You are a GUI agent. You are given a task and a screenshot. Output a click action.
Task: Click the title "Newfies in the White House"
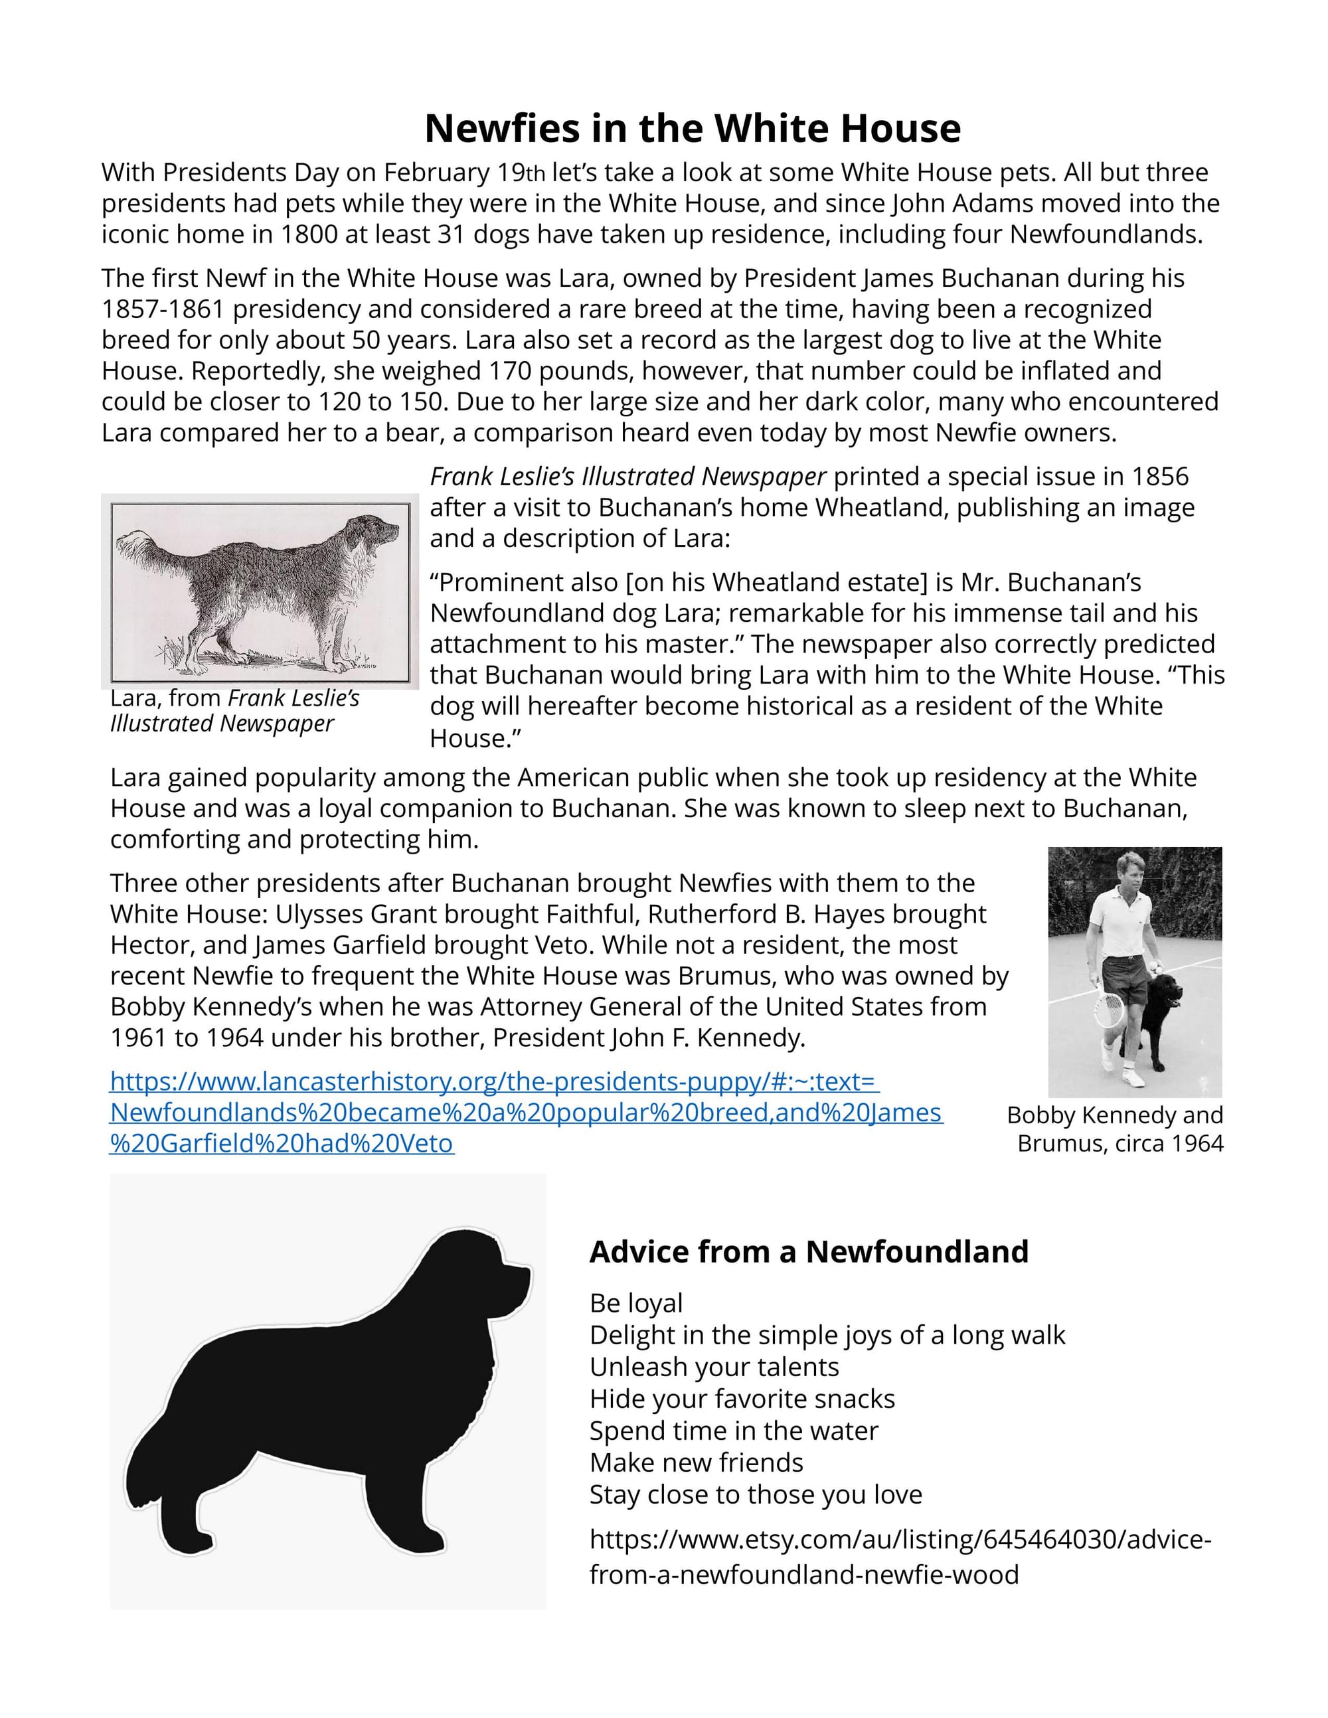pos(693,128)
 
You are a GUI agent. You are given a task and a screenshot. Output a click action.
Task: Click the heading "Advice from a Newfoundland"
pos(809,1251)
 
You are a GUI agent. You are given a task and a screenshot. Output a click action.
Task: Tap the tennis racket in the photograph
pos(1110,1008)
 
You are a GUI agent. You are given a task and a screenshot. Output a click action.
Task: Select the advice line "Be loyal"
pos(635,1304)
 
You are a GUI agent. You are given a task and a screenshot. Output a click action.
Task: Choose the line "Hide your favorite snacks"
pos(742,1399)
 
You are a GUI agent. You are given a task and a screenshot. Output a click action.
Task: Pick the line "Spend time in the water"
pos(733,1431)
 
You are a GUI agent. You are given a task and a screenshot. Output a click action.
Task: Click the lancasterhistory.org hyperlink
pos(525,1113)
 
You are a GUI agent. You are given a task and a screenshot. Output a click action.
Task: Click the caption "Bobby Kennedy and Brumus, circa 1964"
pos(1116,1129)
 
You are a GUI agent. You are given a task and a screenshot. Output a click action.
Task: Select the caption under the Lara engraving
pos(234,711)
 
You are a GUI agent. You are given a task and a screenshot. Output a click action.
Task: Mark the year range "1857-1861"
pos(163,309)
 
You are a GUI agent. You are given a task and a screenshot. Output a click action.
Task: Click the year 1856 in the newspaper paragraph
pos(1159,477)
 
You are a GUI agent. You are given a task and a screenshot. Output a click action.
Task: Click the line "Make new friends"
pos(697,1462)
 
